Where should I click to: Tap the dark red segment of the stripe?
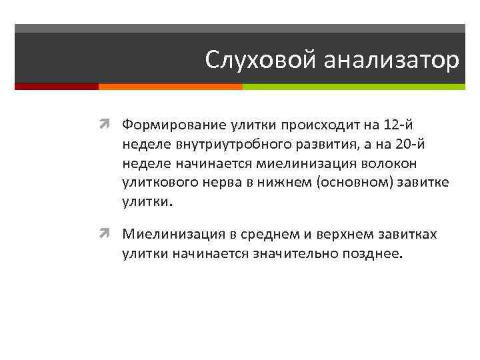pos(57,87)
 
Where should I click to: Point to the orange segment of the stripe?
pos(170,87)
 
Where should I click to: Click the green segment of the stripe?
pos(353,87)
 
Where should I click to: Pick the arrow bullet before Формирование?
pos(110,123)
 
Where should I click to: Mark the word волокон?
pos(416,163)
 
